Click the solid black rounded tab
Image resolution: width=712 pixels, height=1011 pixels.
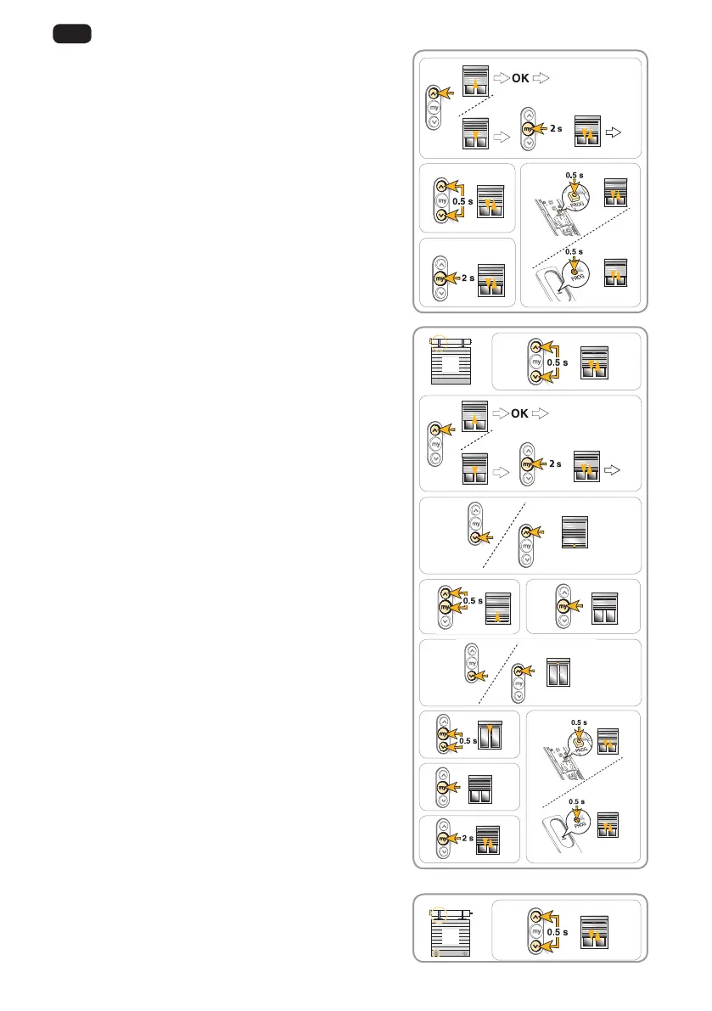71,35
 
